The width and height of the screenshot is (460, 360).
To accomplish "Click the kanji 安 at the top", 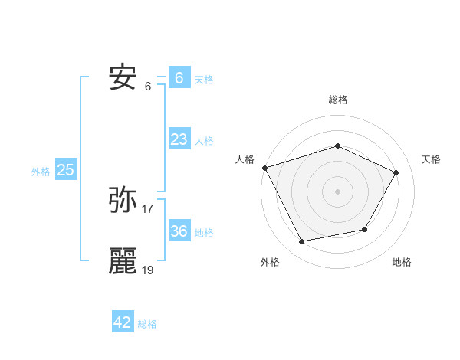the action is pyautogui.click(x=123, y=77).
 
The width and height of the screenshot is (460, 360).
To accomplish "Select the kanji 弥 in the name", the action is pyautogui.click(x=123, y=201).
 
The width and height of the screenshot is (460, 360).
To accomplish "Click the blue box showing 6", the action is pyautogui.click(x=179, y=78).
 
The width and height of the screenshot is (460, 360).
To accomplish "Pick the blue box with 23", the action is pyautogui.click(x=179, y=139).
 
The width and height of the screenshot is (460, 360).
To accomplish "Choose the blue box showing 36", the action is pyautogui.click(x=179, y=231).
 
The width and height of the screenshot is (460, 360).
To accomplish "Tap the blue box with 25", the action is pyautogui.click(x=65, y=170).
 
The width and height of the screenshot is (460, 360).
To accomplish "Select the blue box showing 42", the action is pyautogui.click(x=123, y=322).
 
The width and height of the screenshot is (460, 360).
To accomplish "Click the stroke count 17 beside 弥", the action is pyautogui.click(x=148, y=208).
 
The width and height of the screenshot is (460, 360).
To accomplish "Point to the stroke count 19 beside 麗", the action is pyautogui.click(x=148, y=270).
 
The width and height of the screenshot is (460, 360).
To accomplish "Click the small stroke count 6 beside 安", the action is pyautogui.click(x=148, y=86).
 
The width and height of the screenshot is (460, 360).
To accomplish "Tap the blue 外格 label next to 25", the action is pyautogui.click(x=41, y=172).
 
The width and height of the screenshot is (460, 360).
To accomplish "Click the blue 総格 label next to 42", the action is pyautogui.click(x=147, y=324).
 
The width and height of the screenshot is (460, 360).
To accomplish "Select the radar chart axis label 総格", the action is pyautogui.click(x=338, y=100).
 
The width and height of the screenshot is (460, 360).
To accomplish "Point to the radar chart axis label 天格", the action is pyautogui.click(x=432, y=159).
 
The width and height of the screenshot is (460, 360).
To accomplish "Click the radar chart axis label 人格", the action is pyautogui.click(x=245, y=159).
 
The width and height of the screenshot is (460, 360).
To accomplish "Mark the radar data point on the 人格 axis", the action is pyautogui.click(x=264, y=167).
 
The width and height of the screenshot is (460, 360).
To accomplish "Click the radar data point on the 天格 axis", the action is pyautogui.click(x=396, y=172).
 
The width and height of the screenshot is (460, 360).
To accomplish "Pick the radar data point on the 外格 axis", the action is pyautogui.click(x=302, y=242).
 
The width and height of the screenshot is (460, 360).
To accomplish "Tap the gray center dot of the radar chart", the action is pyautogui.click(x=338, y=191).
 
